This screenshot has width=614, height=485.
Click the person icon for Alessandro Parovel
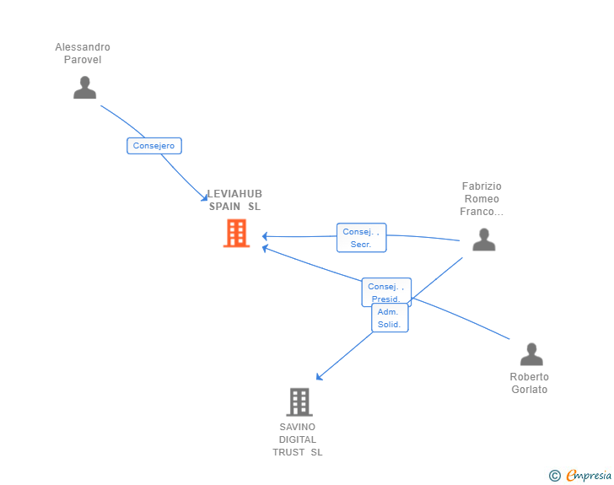[x=84, y=88]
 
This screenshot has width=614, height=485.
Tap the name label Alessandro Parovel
[x=83, y=53]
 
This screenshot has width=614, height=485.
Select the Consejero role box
[x=154, y=146]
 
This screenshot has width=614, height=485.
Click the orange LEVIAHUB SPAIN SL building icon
[x=236, y=233]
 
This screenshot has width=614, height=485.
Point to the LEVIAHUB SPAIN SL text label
[x=234, y=200]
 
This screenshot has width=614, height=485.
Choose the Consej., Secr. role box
[x=361, y=238]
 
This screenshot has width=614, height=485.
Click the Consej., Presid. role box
[x=386, y=292]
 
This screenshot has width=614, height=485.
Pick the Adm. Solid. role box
[x=390, y=318]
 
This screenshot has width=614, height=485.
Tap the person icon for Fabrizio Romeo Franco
[x=483, y=240]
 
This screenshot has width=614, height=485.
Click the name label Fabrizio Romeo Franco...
[x=482, y=199]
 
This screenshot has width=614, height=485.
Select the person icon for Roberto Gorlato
[x=531, y=354]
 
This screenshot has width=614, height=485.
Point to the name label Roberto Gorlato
[x=529, y=383]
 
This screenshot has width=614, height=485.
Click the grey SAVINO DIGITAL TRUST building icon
[x=299, y=402]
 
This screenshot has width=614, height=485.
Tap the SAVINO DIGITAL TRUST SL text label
[x=298, y=439]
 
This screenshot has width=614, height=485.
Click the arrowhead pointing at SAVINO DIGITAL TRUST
[x=319, y=377]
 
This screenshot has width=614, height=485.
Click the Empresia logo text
[x=589, y=476]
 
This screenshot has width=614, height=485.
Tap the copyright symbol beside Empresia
[x=554, y=476]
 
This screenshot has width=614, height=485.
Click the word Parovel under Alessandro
[x=83, y=60]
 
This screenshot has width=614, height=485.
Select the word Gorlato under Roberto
[x=529, y=390]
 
